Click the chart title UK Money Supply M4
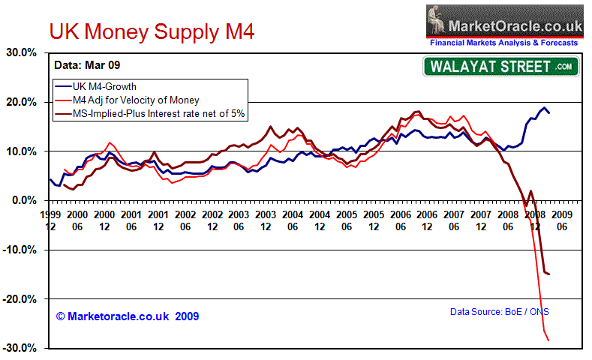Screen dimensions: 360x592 tap(152, 32)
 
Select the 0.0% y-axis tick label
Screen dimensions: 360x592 tap(26, 201)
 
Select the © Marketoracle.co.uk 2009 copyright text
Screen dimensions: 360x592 tap(127, 316)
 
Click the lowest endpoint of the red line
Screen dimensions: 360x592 tap(548, 341)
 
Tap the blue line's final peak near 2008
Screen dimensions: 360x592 tap(544, 108)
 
